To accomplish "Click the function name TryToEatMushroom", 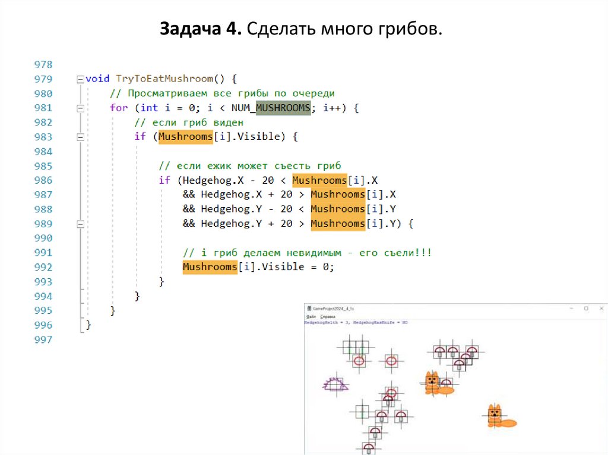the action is coord(163,79).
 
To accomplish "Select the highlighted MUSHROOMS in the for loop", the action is coord(283,108).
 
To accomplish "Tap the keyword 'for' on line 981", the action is coord(118,108).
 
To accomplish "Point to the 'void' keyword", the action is coord(97,79).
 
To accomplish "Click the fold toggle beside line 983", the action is coord(80,137).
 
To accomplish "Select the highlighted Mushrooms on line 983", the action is coord(185,137).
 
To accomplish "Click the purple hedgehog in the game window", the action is coord(335,384).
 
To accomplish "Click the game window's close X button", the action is coord(601,308).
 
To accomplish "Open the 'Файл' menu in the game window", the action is coord(311,317).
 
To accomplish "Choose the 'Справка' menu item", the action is coord(328,317).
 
